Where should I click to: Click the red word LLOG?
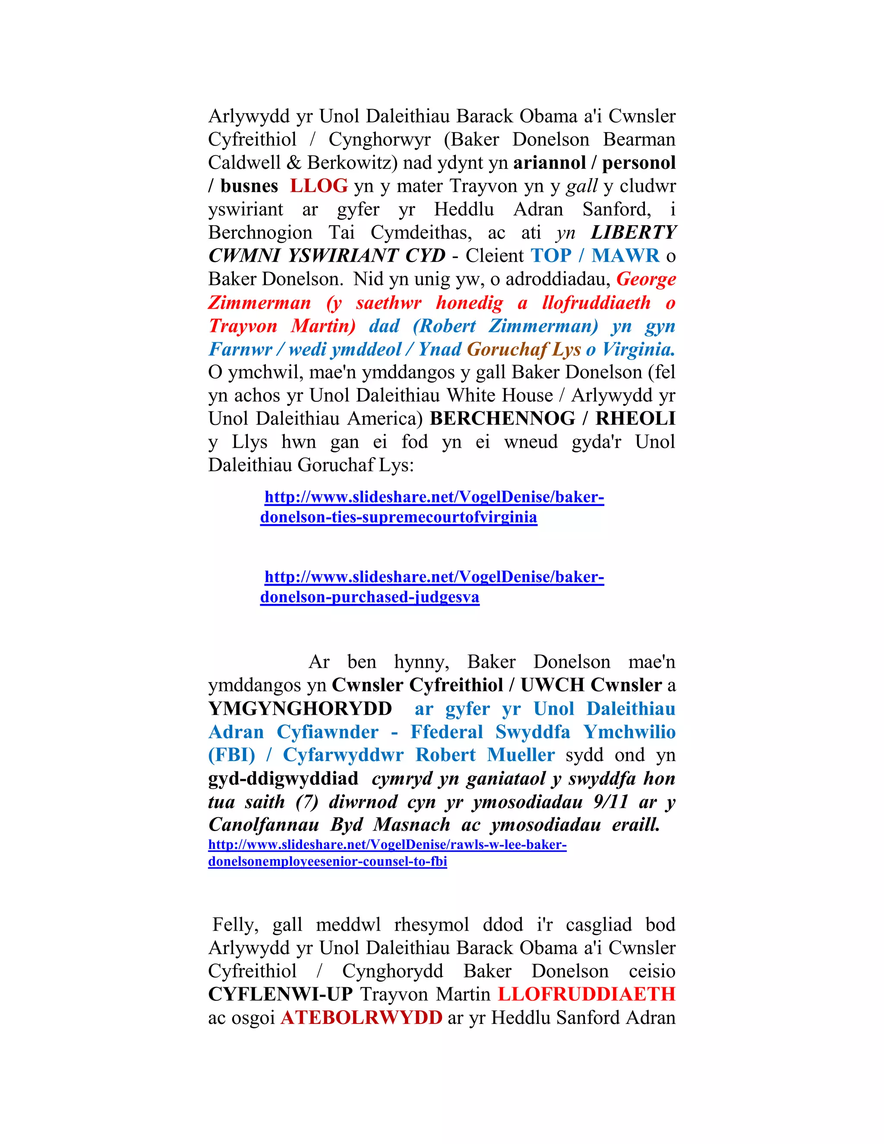(319, 186)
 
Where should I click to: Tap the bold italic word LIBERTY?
(633, 232)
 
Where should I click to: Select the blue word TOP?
(551, 256)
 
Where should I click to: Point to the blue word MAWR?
(625, 256)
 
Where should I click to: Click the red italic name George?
(646, 279)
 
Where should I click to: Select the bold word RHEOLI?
(635, 418)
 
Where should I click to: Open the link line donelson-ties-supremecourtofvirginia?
(398, 518)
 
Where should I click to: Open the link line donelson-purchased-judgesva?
(370, 597)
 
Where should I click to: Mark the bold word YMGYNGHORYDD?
(300, 709)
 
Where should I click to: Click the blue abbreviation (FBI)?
(231, 755)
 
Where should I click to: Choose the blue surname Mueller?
(521, 755)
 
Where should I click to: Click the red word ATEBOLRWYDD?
(361, 1017)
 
